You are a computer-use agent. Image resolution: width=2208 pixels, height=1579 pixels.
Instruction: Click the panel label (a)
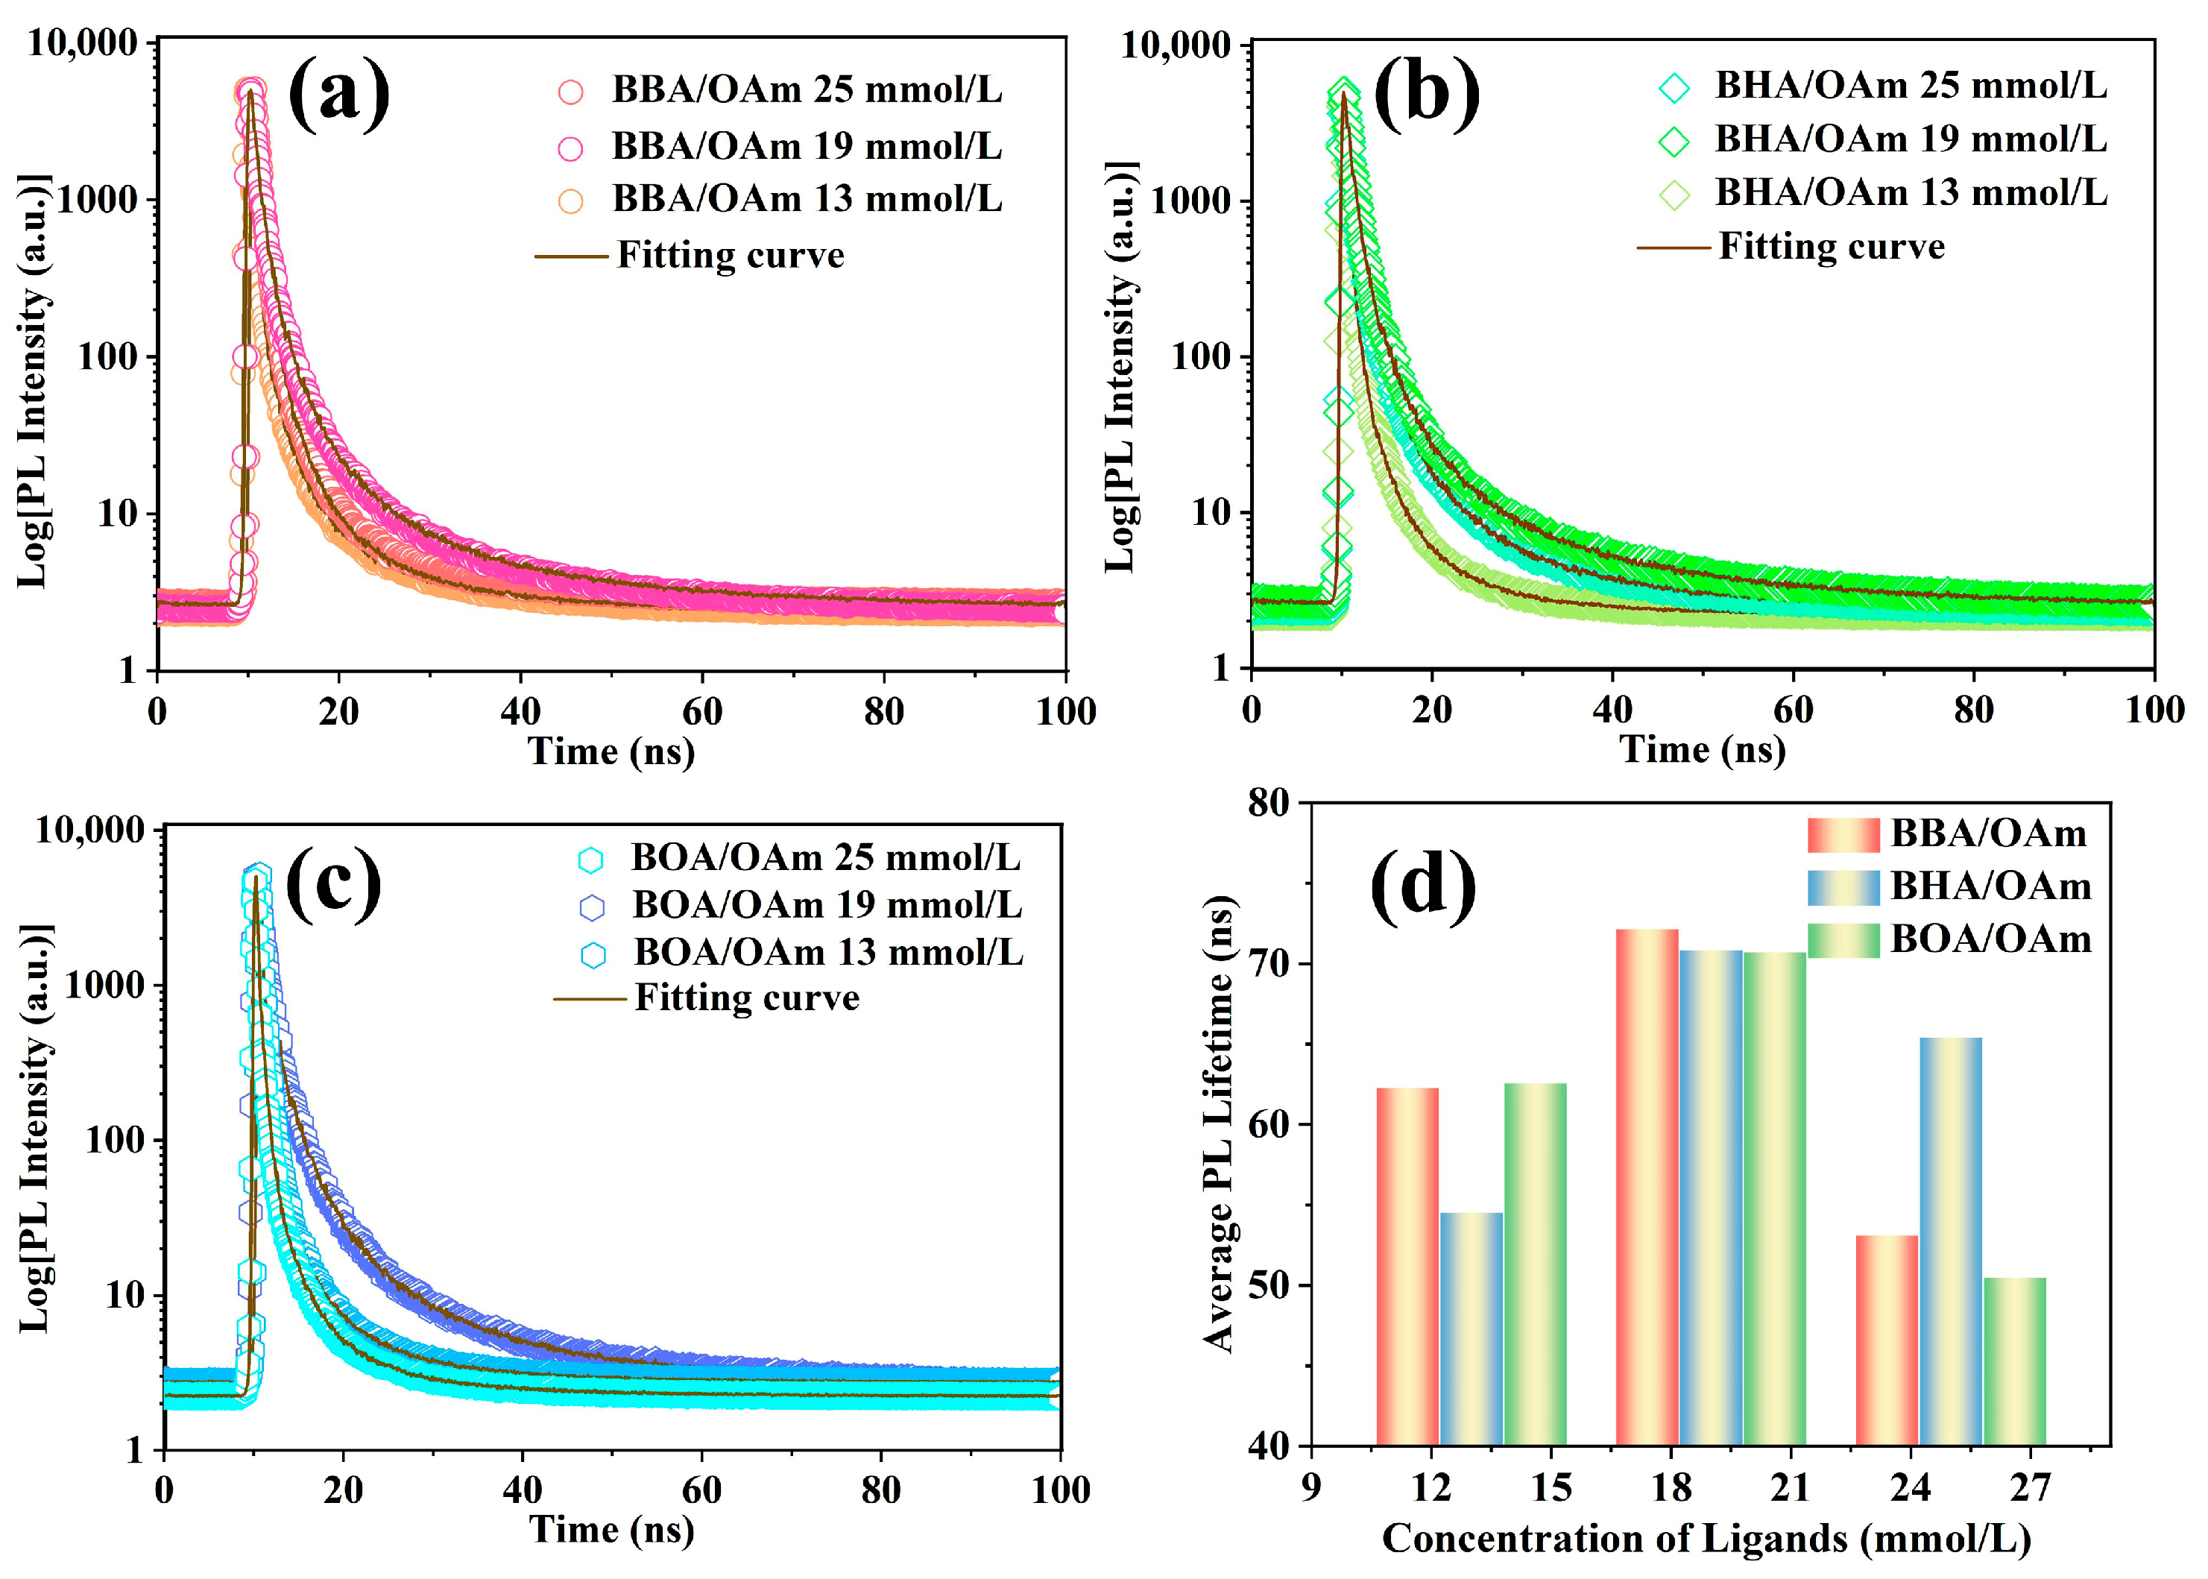point(338,95)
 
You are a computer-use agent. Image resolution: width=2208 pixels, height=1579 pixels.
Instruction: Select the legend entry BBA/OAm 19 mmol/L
point(805,147)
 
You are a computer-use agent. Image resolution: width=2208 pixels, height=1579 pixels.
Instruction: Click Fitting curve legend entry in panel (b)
point(1831,247)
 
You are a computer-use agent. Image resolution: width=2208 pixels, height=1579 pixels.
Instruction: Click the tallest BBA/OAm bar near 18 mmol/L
point(1646,1187)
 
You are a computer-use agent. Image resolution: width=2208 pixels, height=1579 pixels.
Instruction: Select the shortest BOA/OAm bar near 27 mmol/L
point(2014,1361)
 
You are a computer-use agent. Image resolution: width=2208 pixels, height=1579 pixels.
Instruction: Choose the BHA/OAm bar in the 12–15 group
point(1471,1329)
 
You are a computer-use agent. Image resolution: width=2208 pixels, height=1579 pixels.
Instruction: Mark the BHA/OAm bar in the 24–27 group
point(1950,1241)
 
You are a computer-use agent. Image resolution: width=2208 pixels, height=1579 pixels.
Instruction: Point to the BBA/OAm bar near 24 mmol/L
point(1886,1340)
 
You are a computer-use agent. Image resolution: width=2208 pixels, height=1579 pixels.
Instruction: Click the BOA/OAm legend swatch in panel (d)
point(1843,940)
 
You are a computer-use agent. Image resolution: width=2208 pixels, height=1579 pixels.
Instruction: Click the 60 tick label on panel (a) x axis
point(702,713)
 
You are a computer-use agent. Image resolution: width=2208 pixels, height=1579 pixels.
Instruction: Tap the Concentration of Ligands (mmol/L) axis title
point(1706,1540)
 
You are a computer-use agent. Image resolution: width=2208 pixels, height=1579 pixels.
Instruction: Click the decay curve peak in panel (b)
point(1345,93)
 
